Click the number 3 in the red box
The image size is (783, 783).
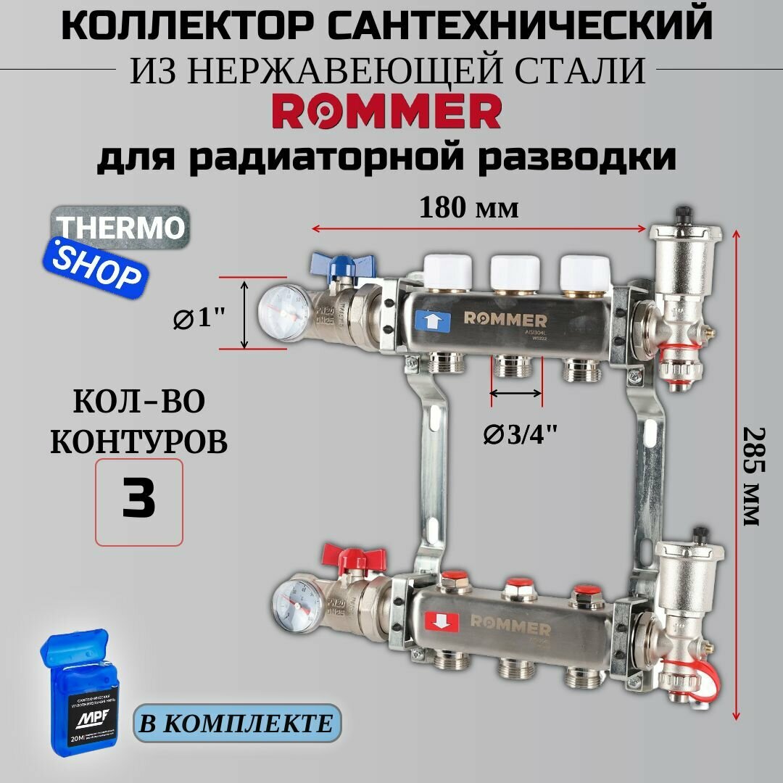pos(138,501)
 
